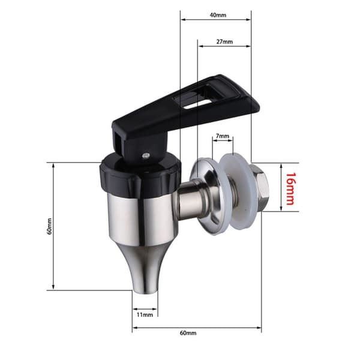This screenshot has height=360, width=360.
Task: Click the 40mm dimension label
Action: tap(218, 15)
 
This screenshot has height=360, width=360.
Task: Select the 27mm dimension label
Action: tap(224, 42)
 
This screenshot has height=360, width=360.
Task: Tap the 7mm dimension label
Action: tap(222, 136)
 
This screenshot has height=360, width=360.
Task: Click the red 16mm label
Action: tap(290, 189)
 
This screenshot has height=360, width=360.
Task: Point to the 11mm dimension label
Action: tap(145, 314)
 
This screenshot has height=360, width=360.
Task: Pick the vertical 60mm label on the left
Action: tap(49, 226)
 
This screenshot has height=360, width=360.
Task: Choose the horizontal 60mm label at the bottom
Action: tap(188, 333)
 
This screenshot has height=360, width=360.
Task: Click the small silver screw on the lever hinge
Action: tap(146, 155)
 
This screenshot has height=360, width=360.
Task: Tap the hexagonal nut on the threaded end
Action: tap(258, 188)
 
